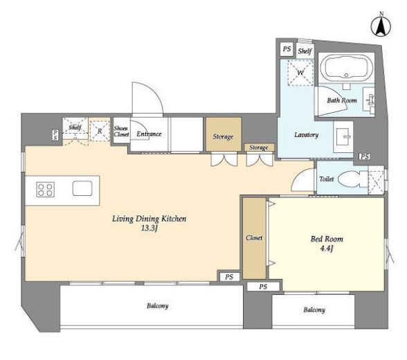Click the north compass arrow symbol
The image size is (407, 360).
[381, 26]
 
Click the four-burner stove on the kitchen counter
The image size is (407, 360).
[46, 189]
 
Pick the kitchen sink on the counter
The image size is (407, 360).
[82, 188]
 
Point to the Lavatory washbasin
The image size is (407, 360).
[343, 137]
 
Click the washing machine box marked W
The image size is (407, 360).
[300, 73]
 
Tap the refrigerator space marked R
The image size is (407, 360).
[100, 131]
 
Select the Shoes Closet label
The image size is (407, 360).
[121, 132]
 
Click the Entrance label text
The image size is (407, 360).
[149, 134]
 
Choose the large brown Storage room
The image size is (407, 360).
[224, 134]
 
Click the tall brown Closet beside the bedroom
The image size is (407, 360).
[255, 238]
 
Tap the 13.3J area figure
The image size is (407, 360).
[150, 228]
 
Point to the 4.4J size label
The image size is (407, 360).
[327, 249]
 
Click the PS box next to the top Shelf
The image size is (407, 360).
[287, 48]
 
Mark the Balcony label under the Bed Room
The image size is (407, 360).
[314, 309]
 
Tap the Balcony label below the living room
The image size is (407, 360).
[158, 306]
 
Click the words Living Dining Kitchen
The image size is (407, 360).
[150, 219]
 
